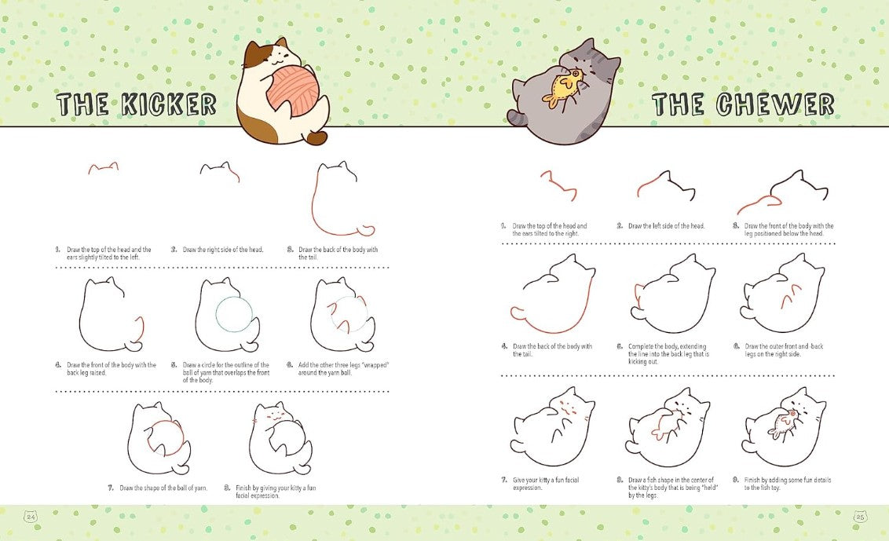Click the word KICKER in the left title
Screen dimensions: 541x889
coord(166,104)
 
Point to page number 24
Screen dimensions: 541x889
coord(31,517)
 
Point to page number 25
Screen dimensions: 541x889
coord(859,517)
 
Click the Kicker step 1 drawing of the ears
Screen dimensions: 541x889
coord(103,167)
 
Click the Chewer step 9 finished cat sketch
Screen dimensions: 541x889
coord(784,427)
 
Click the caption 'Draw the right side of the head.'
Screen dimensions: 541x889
coord(223,250)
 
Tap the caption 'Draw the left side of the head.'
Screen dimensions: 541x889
coord(666,226)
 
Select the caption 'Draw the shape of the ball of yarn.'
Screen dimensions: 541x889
coord(163,488)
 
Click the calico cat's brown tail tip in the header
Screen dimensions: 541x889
coord(317,138)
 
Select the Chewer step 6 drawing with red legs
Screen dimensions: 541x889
coord(782,294)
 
